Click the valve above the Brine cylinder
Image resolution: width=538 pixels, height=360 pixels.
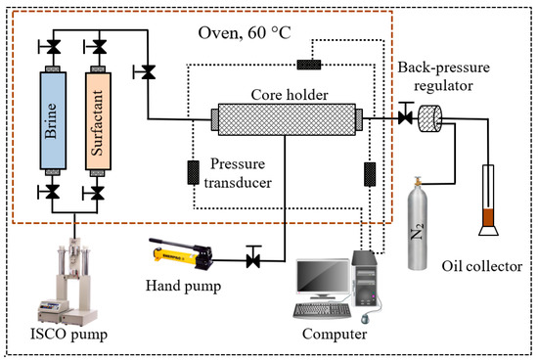tap(53, 45)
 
